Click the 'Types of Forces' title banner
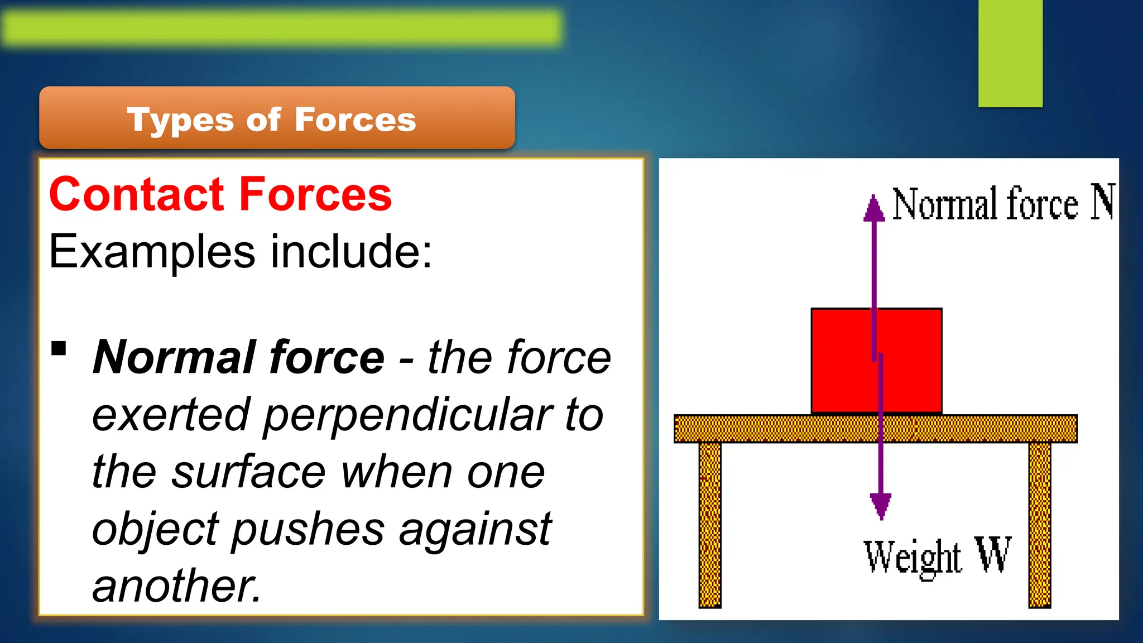coord(277,118)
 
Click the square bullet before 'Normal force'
coord(59,349)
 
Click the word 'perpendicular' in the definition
coord(408,415)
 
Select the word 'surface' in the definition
coord(248,472)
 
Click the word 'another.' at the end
coord(176,586)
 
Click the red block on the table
coord(843,360)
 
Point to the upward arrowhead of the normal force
coord(874,208)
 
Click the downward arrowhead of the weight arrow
coord(881,506)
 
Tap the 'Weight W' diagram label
coord(937,556)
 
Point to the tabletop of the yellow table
coord(781,429)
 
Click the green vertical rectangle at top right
coord(1010,53)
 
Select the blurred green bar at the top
coord(282,27)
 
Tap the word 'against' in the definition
coord(475,529)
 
